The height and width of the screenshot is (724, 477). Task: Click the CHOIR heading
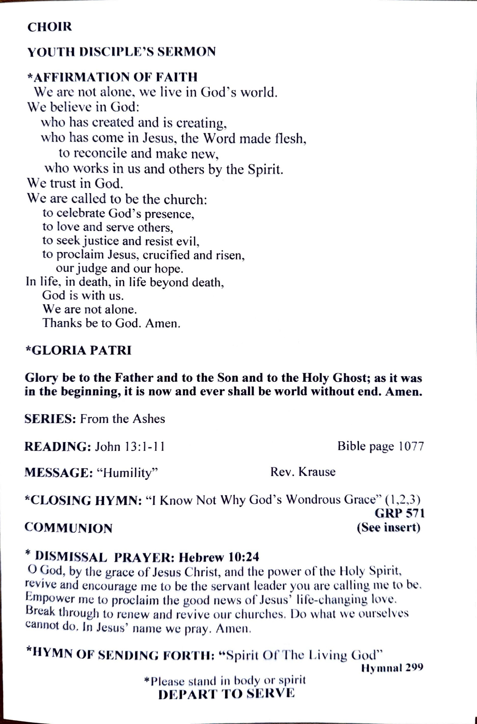[50, 27]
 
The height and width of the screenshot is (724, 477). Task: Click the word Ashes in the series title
[149, 419]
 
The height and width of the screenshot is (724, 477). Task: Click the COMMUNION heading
[68, 528]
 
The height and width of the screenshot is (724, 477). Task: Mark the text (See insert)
[388, 527]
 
